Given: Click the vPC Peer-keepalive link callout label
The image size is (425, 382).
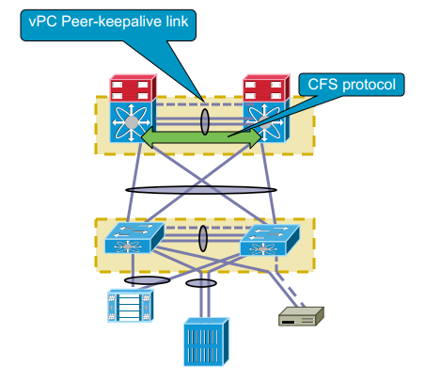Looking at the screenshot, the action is coord(108,25).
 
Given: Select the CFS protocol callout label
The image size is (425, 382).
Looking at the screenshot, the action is coord(352,85).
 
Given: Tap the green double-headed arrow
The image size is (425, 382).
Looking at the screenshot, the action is coord(201,136).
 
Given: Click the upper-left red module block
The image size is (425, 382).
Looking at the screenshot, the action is coord(133,88).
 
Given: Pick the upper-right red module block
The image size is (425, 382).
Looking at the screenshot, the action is coord(266,88).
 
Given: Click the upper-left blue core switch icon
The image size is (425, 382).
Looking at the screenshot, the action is coord(133,121).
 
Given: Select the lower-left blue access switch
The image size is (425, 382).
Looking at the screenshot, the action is coord(134,238).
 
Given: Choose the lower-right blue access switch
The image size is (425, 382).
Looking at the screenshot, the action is coord(270,240).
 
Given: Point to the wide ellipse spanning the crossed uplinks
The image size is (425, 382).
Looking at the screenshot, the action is coord(201,190).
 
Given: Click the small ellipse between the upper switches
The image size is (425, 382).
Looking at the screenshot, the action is coord(204,121).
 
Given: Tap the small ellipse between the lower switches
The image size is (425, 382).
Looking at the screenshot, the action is coord(203,238).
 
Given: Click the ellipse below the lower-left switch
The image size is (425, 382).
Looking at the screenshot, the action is coord(147,280).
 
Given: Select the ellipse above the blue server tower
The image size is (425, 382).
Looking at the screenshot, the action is coord(201,283).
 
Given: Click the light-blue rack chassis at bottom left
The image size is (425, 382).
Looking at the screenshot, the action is coord(131,306).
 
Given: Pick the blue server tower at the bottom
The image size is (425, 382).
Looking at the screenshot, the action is coord(206,342).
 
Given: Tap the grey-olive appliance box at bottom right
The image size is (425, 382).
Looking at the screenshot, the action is coord(301,316).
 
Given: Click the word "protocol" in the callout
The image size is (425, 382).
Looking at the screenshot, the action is coord(370,86).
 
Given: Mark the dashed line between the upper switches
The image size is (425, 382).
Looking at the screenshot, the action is coord(204,103).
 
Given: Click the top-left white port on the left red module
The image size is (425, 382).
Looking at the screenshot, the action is coord(118,85).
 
